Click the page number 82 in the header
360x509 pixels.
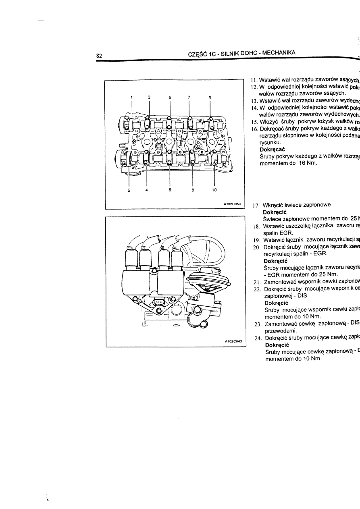[x=98, y=55]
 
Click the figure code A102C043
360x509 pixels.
[x=232, y=341]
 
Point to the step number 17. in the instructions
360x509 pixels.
[x=256, y=205]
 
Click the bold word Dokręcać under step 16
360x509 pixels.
[x=273, y=149]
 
